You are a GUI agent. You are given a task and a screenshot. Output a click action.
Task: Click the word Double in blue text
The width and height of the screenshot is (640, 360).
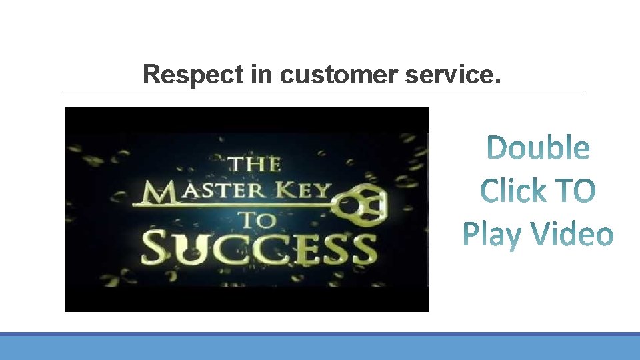pyautogui.click(x=538, y=148)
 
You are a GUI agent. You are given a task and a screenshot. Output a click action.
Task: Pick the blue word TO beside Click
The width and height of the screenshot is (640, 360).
pyautogui.click(x=574, y=191)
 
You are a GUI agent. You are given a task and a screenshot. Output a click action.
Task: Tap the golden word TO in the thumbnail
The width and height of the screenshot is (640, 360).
pyautogui.click(x=254, y=219)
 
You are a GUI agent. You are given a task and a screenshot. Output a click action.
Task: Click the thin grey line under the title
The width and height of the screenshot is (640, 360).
pyautogui.click(x=324, y=91)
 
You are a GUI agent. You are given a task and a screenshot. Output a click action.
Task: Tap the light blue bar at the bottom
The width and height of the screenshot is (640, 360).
pyautogui.click(x=320, y=347)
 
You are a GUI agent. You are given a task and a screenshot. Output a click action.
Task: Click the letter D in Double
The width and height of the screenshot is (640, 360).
pyautogui.click(x=497, y=148)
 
